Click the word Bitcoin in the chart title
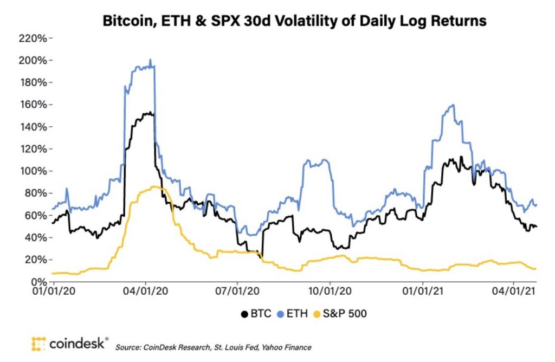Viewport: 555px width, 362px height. click(125, 21)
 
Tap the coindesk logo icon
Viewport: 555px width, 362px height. click(38, 344)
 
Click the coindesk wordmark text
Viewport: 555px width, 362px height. click(78, 344)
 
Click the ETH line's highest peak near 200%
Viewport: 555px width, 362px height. click(150, 60)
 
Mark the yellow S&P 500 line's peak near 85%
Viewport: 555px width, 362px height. click(154, 186)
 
